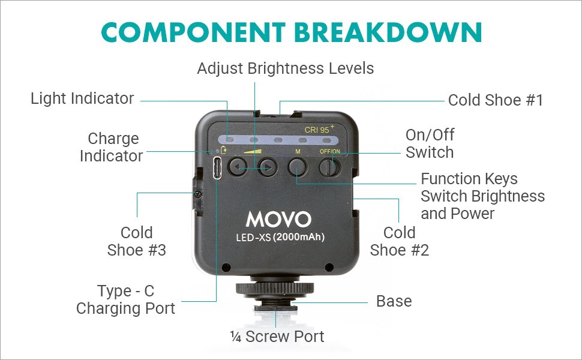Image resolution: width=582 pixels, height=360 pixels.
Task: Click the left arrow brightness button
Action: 239,166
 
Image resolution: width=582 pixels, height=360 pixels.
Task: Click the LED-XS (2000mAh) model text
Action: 280,237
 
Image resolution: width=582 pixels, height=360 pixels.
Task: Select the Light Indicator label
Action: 82,98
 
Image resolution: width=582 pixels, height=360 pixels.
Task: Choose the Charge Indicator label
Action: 112,148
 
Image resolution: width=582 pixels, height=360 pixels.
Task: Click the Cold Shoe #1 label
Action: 496,100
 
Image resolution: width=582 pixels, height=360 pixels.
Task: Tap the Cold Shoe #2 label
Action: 400,241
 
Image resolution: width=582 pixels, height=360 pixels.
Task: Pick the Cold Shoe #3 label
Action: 137,241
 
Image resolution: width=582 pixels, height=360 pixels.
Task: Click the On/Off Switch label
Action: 430,143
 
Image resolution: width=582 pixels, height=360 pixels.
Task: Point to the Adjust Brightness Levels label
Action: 285,68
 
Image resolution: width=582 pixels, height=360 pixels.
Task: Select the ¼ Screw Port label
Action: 277,337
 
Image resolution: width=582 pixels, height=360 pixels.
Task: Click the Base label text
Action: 394,301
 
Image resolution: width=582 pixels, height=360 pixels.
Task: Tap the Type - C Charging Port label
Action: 126,300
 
